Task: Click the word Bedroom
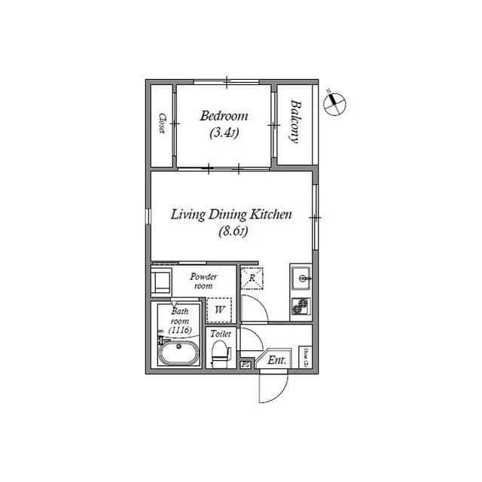click(x=224, y=116)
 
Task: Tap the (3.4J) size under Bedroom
click(x=224, y=134)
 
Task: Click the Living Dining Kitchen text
click(x=231, y=215)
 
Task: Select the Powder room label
click(x=204, y=281)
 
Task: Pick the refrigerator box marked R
click(x=252, y=278)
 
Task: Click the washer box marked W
click(x=219, y=310)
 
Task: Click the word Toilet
click(x=221, y=333)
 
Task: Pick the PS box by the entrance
click(x=246, y=365)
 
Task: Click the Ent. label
click(x=277, y=361)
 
